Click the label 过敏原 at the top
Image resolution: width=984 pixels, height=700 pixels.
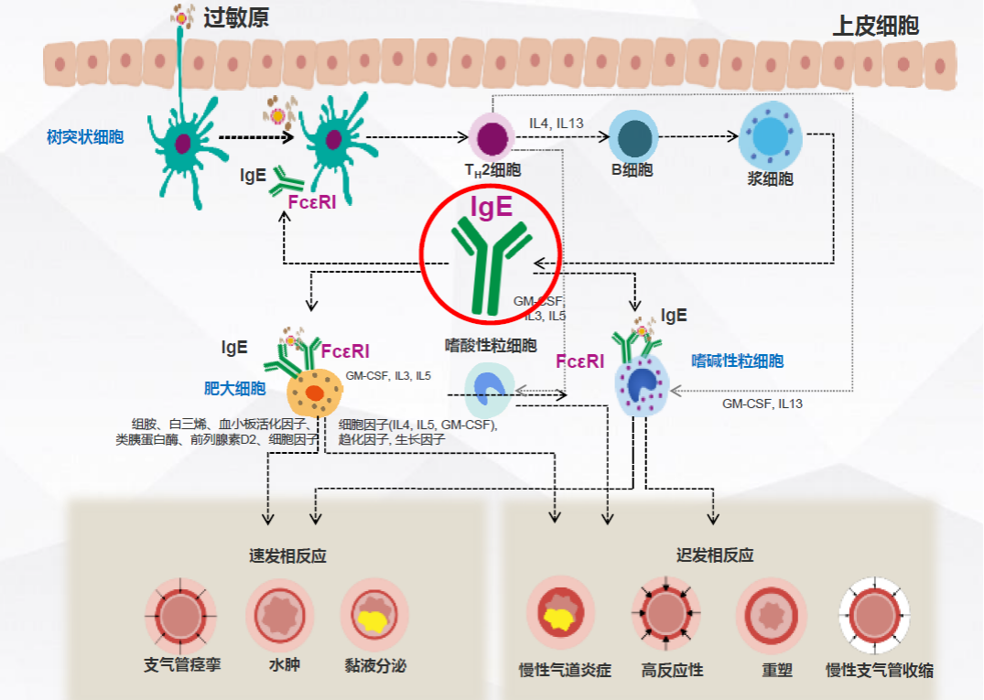tap(236, 18)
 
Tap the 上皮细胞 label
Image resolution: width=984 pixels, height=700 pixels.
tap(874, 26)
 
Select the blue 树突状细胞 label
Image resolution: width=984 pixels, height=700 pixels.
tap(85, 137)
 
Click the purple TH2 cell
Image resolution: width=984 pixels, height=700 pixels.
tap(492, 138)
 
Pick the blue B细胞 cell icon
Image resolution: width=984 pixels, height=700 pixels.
tap(633, 136)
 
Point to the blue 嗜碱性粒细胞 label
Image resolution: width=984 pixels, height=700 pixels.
tap(737, 361)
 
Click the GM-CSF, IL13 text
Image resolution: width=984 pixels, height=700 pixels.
tap(762, 403)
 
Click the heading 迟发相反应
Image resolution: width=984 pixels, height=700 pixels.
tap(715, 555)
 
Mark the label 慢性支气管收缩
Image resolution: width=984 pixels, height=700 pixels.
tap(879, 670)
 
